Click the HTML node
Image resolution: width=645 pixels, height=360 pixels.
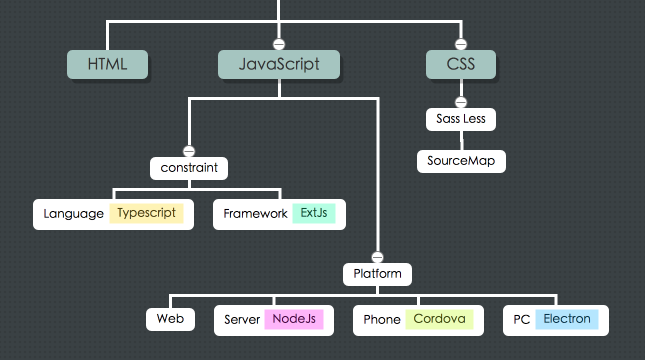[107, 64]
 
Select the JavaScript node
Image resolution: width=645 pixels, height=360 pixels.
[279, 64]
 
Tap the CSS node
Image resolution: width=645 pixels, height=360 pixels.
[460, 64]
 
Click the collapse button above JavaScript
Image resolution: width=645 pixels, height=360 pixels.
[279, 44]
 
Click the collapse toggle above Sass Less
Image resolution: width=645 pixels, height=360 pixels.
[461, 102]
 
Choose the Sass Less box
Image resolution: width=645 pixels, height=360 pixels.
[460, 119]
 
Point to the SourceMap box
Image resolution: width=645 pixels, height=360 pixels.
[461, 161]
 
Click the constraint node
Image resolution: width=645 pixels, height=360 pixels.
[189, 168]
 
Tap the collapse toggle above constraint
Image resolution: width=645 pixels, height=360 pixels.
[189, 151]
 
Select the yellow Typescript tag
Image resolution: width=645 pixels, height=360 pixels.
[146, 213]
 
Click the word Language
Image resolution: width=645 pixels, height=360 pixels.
[73, 214]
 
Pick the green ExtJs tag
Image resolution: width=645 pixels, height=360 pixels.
[314, 213]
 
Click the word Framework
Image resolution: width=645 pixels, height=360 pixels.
[255, 214]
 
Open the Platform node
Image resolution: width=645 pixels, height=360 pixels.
[377, 274]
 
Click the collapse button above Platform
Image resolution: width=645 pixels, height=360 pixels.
[377, 257]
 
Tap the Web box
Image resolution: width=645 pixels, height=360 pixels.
[170, 319]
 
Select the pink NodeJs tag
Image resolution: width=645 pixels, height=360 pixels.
[294, 319]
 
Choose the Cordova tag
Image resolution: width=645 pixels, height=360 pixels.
[439, 319]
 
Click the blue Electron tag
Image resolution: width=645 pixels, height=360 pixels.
[567, 319]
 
